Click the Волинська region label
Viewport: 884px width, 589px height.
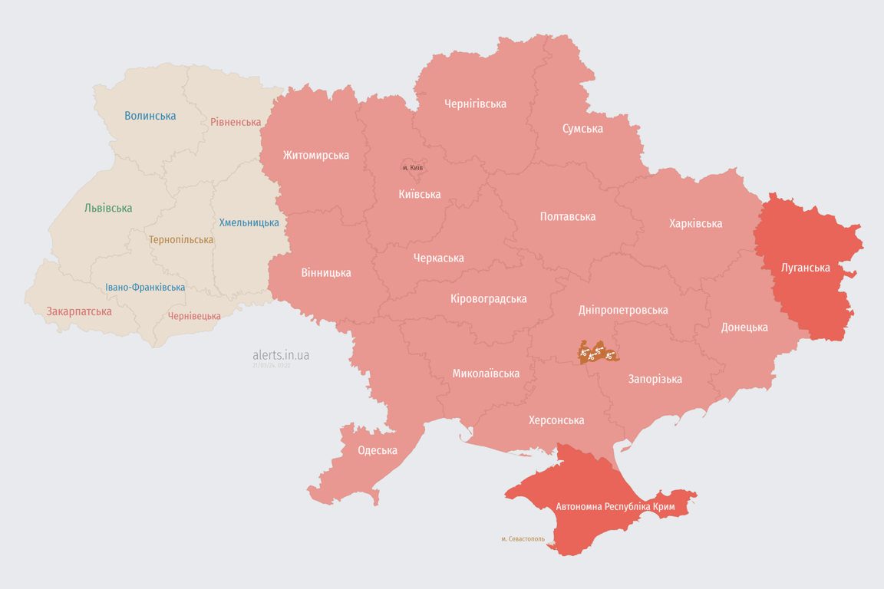click(x=150, y=116)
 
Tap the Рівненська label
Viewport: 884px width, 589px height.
click(x=236, y=122)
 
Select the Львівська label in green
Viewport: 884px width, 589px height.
click(x=108, y=208)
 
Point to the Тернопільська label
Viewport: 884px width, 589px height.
click(x=181, y=240)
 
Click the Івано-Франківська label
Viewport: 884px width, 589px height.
click(x=145, y=288)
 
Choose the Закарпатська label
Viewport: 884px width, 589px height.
click(x=79, y=311)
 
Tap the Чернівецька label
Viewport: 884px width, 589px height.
click(x=194, y=316)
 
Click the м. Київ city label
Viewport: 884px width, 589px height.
click(x=413, y=168)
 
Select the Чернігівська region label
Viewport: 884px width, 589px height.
click(x=475, y=104)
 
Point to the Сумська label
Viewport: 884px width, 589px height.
click(x=582, y=128)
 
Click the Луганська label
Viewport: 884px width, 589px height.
click(x=805, y=268)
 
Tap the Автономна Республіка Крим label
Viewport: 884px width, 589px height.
click(x=615, y=507)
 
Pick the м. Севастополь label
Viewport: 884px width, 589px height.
click(x=523, y=539)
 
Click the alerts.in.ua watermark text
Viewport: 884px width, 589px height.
click(x=281, y=355)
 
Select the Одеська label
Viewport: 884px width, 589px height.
click(x=378, y=450)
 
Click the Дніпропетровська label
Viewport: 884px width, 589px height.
click(x=622, y=310)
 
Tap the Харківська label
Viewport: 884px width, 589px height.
click(x=695, y=223)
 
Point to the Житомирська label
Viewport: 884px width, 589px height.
click(x=315, y=155)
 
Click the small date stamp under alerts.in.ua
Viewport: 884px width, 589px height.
click(x=272, y=366)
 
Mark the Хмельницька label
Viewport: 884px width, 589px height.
click(x=249, y=222)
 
